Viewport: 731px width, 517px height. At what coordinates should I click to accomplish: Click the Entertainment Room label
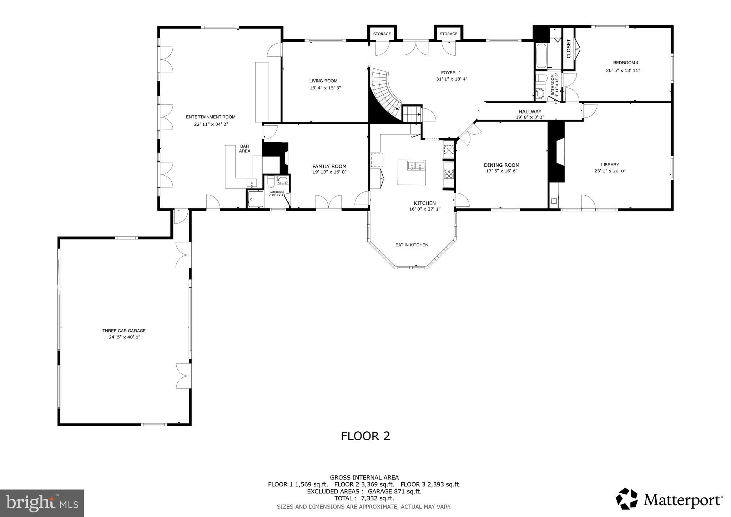point(211,117)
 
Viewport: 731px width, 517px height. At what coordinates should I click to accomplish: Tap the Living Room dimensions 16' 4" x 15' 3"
point(325,88)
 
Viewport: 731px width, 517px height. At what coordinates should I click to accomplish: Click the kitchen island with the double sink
point(412,172)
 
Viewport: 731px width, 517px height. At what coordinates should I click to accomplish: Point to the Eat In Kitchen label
point(412,245)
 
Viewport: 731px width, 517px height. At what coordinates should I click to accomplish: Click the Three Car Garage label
point(124,331)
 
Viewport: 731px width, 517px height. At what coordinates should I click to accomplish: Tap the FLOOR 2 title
point(365,436)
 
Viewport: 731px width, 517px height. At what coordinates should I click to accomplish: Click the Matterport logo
point(669,499)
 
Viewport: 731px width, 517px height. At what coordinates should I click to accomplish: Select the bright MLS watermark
point(42,503)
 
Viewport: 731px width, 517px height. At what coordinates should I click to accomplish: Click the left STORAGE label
point(382,34)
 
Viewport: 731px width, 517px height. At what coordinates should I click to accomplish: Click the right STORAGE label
point(448,34)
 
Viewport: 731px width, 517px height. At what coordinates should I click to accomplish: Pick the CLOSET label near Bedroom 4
point(569,49)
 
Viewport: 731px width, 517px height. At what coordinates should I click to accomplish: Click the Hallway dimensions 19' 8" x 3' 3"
point(530,117)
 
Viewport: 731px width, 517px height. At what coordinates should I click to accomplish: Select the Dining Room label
point(501,165)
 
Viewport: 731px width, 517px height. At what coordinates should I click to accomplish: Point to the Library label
point(610,165)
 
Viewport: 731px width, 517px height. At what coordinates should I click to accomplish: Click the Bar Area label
point(244,149)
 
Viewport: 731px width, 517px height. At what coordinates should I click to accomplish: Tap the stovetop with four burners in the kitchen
point(449,174)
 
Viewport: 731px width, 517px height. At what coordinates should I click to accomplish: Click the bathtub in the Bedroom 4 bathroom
point(541,56)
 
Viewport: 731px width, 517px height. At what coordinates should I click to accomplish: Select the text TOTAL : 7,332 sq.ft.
point(364,498)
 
